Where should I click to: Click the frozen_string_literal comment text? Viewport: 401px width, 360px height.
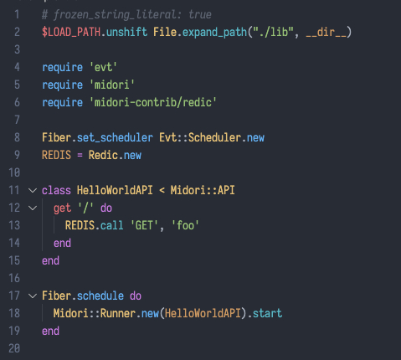click(x=126, y=14)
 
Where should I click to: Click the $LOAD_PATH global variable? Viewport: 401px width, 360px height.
click(x=71, y=32)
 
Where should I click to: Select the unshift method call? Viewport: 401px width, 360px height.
click(x=126, y=32)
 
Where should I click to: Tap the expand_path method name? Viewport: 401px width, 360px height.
click(x=214, y=33)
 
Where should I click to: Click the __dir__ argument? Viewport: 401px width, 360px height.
click(x=326, y=33)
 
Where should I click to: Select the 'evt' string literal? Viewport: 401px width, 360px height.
click(x=103, y=67)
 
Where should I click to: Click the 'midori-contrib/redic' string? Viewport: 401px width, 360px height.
click(x=153, y=102)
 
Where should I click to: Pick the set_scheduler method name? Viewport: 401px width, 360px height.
click(x=115, y=138)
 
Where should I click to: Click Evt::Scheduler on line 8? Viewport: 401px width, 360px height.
click(x=200, y=137)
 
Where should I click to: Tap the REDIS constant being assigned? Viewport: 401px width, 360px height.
click(x=56, y=155)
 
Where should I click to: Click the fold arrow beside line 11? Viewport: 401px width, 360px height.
click(x=33, y=191)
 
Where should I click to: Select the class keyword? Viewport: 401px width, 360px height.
click(x=56, y=190)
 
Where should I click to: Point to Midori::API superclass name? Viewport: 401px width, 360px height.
click(x=203, y=190)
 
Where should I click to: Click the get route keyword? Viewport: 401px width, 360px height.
click(x=62, y=208)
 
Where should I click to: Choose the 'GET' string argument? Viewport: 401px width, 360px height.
click(x=144, y=225)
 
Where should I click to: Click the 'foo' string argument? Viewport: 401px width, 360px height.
click(x=185, y=225)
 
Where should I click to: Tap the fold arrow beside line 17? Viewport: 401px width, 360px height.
click(x=33, y=296)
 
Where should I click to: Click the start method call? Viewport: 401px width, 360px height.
click(x=267, y=313)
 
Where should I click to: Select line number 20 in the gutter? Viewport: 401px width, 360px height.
click(x=14, y=348)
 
